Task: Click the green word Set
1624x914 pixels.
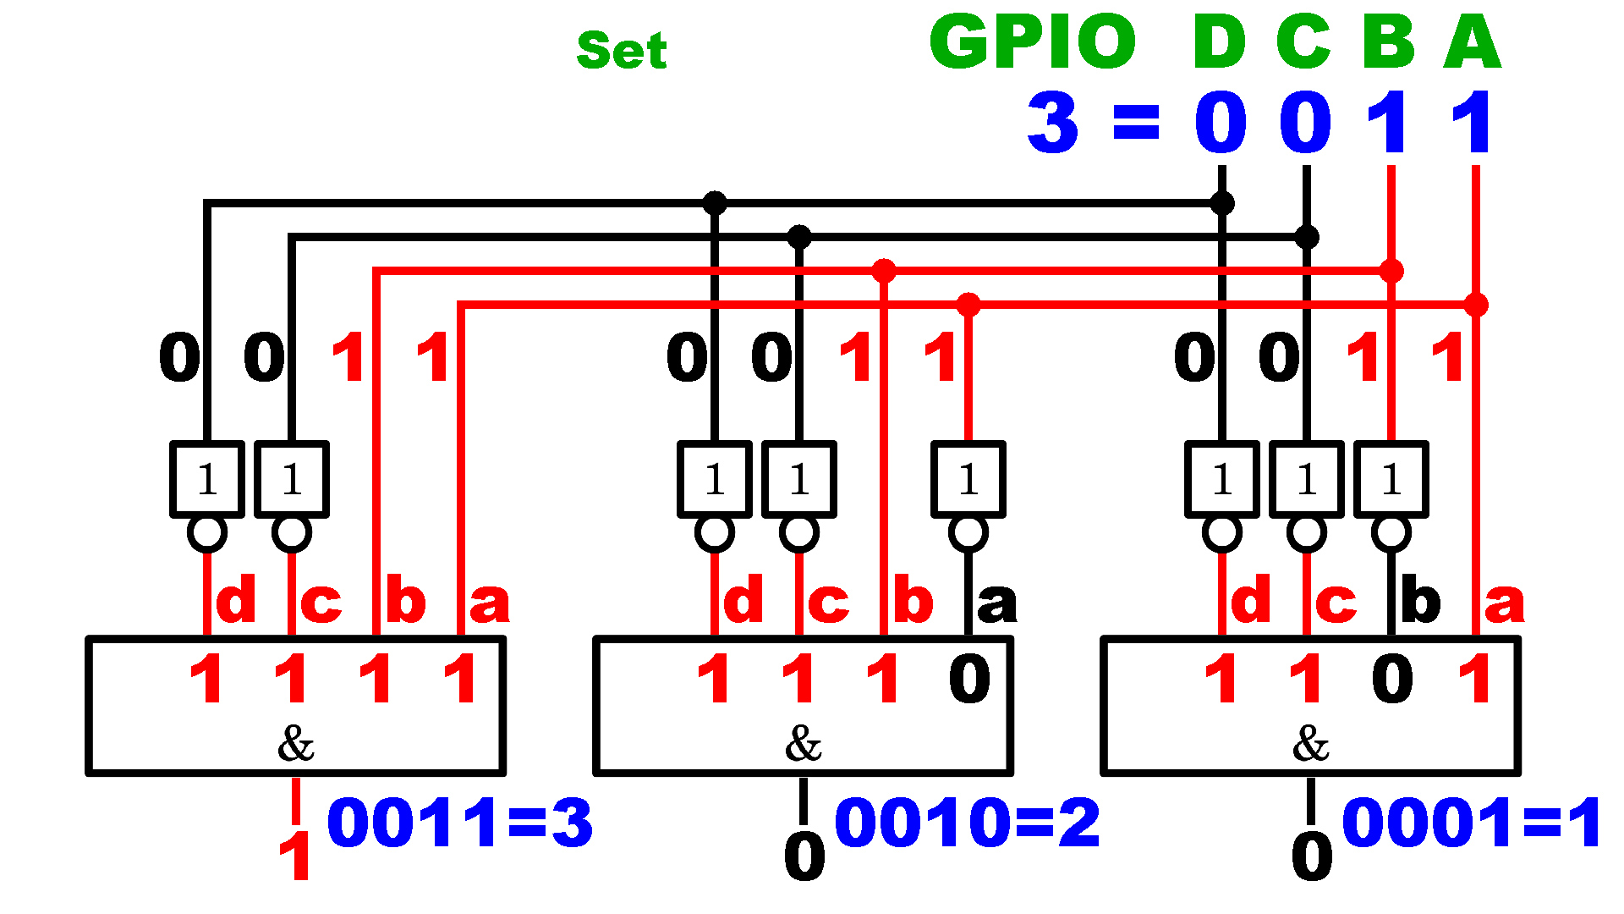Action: pos(622,50)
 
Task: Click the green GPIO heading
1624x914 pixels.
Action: pos(1033,41)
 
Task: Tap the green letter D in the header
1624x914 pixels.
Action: pos(1220,41)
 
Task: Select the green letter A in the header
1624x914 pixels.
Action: pos(1473,41)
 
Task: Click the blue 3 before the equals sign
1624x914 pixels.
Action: pos(1053,123)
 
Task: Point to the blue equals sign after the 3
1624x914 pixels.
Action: pos(1136,123)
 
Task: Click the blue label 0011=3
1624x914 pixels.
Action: pos(459,823)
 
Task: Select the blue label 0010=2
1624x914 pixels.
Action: pos(967,823)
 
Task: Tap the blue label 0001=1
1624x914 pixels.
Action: pos(1472,823)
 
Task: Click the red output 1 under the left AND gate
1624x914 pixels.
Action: pos(295,856)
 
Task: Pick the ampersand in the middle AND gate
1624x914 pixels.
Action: pos(803,744)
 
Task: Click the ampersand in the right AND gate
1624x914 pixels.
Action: pos(1310,744)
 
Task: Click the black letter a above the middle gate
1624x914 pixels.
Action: pos(996,603)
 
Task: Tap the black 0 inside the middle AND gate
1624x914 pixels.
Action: pos(969,679)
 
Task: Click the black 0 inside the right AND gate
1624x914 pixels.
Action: pos(1392,679)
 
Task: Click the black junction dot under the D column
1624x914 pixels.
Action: pos(1222,203)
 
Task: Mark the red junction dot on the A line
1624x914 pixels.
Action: pos(1476,305)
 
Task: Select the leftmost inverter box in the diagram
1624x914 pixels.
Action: pos(207,479)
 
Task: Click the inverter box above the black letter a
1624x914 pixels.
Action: pos(968,479)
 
